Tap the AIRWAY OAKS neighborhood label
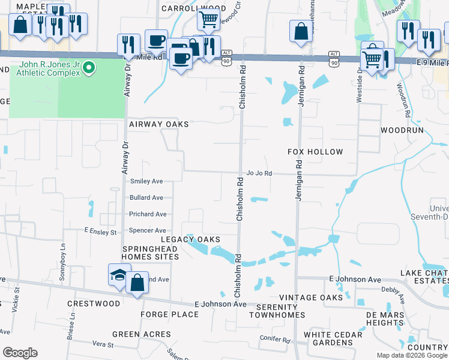pyautogui.click(x=159, y=124)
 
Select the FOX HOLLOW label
pyautogui.click(x=315, y=152)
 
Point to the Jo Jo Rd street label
pyautogui.click(x=259, y=173)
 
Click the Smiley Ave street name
pyautogui.click(x=146, y=181)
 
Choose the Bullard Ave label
pyautogui.click(x=146, y=197)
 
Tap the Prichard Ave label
pyautogui.click(x=148, y=214)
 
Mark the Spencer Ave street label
pyautogui.click(x=148, y=230)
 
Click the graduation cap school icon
pyautogui.click(x=118, y=275)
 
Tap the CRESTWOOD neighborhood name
pyautogui.click(x=94, y=304)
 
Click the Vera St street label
pyautogui.click(x=103, y=344)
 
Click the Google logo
pyautogui.click(x=20, y=353)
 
